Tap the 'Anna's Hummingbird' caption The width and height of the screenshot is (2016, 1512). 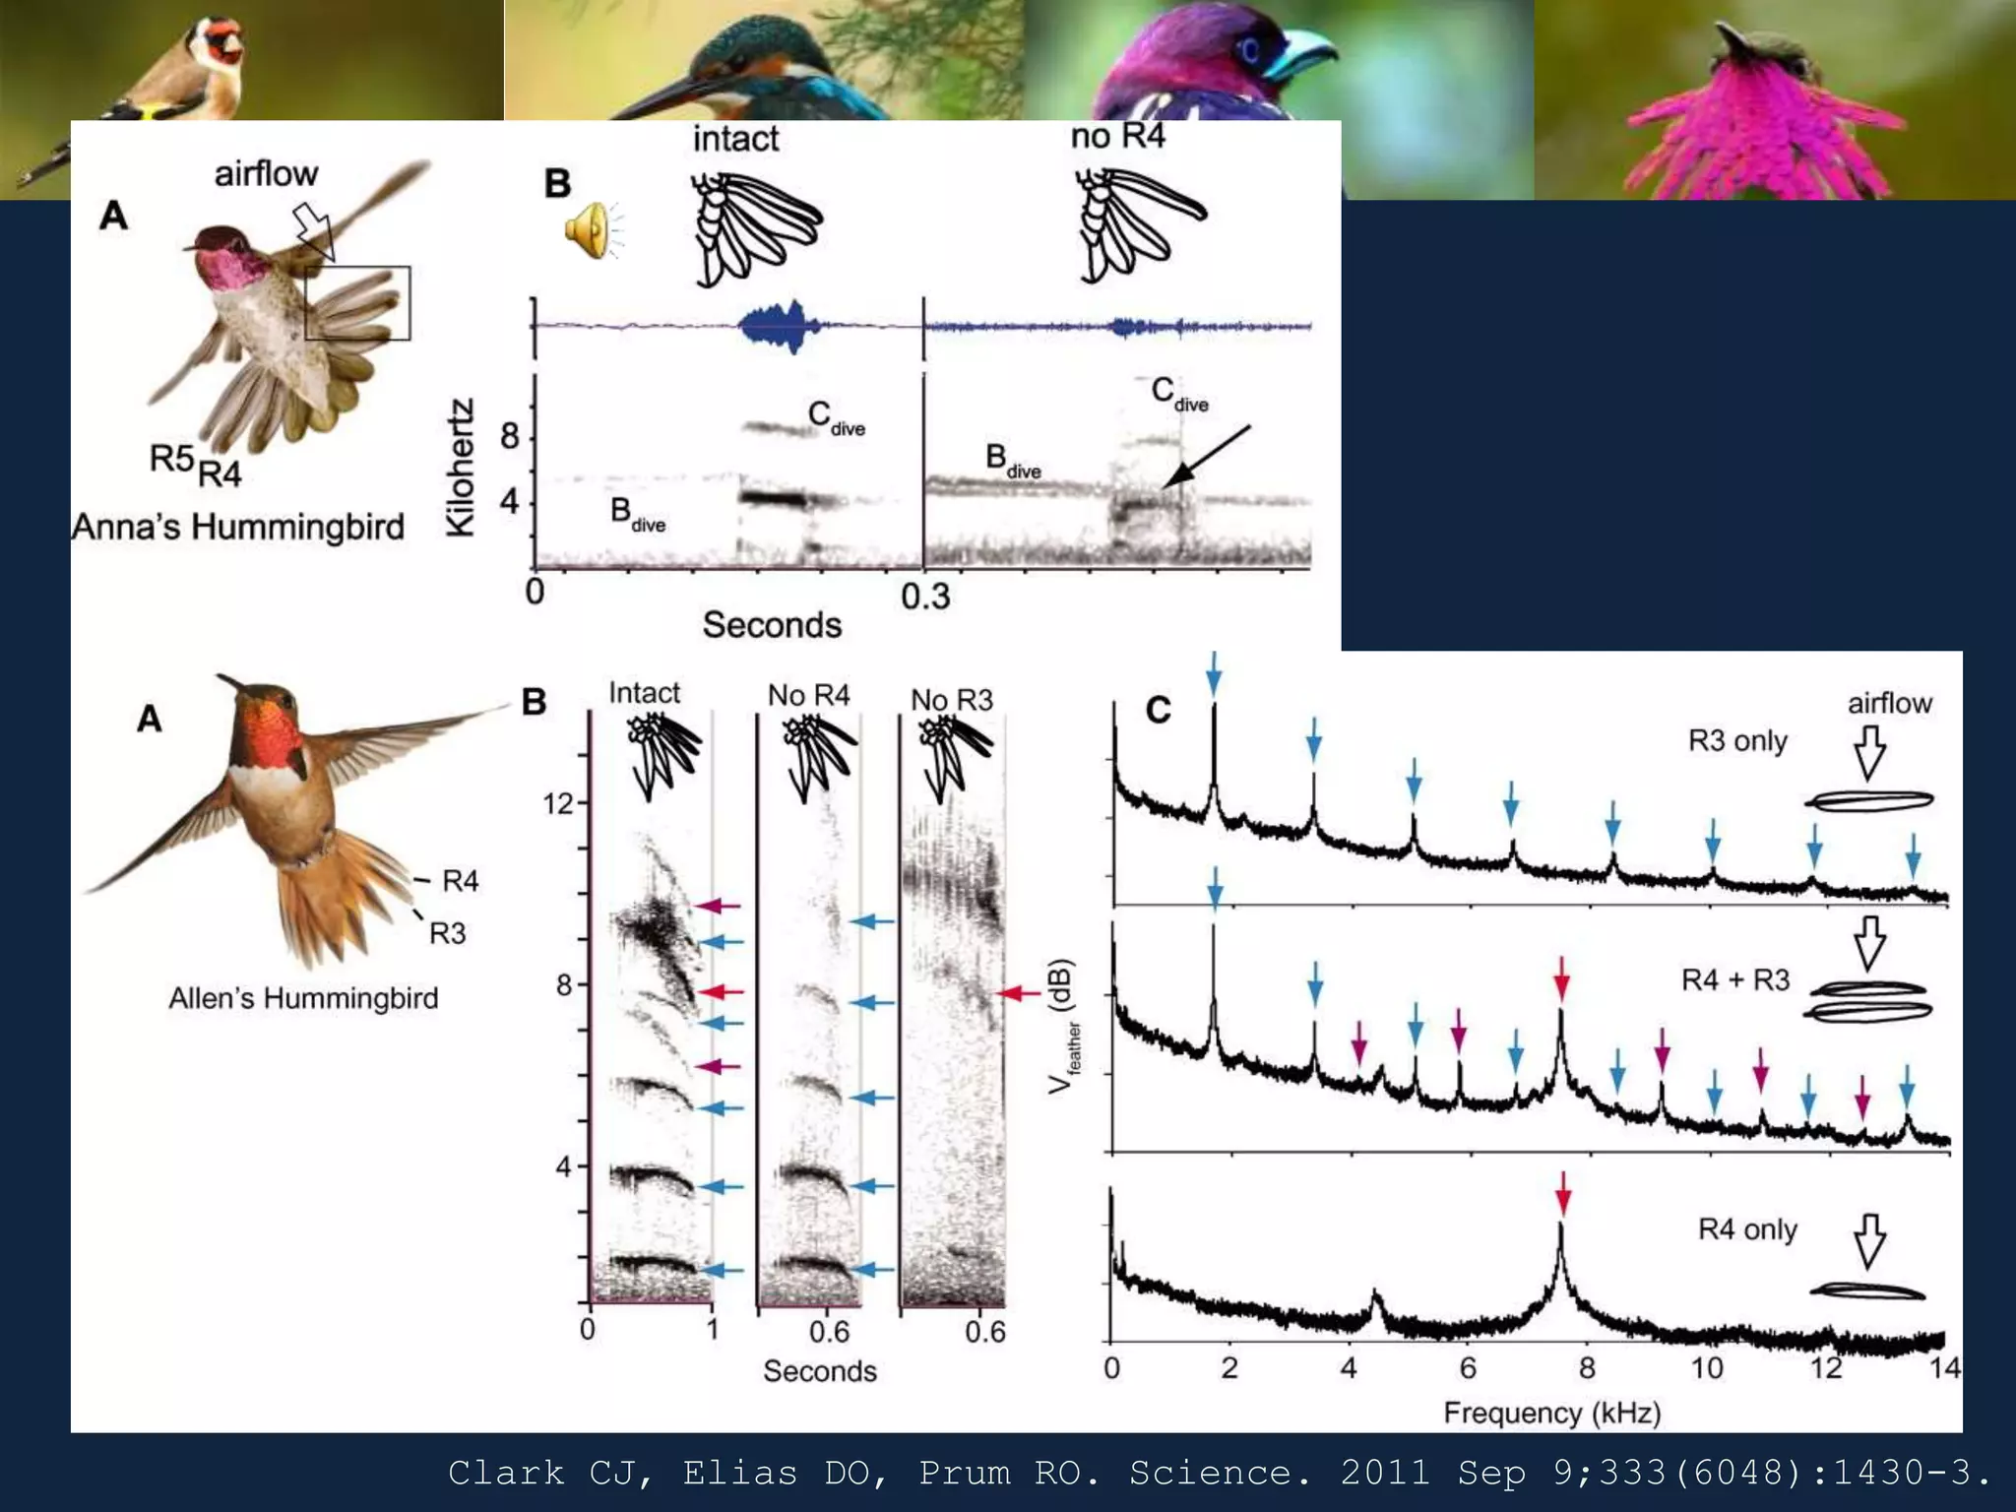pyautogui.click(x=238, y=527)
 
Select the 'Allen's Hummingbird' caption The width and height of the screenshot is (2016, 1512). pyautogui.click(x=303, y=998)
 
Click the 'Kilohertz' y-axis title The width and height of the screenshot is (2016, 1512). pyautogui.click(x=461, y=468)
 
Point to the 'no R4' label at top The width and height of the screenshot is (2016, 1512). pyautogui.click(x=1117, y=136)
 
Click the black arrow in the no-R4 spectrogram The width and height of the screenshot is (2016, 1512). pyautogui.click(x=1207, y=456)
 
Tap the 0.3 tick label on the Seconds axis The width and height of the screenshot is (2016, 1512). pyautogui.click(x=925, y=597)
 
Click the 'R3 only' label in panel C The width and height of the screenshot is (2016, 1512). pyautogui.click(x=1737, y=740)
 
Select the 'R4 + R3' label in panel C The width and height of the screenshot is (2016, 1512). pyautogui.click(x=1734, y=980)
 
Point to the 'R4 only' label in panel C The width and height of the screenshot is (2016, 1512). pyautogui.click(x=1747, y=1229)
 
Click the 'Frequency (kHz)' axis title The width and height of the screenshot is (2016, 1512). pyautogui.click(x=1551, y=1414)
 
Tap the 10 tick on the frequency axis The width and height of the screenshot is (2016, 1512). pyautogui.click(x=1707, y=1368)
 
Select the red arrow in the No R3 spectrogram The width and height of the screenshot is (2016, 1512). pyautogui.click(x=1020, y=993)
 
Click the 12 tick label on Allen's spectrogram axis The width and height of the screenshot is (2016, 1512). pyautogui.click(x=557, y=804)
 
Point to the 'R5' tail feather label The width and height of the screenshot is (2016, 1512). pyautogui.click(x=171, y=458)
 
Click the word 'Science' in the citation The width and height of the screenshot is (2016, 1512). pyautogui.click(x=1220, y=1473)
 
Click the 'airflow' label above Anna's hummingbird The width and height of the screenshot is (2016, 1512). pyautogui.click(x=266, y=174)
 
